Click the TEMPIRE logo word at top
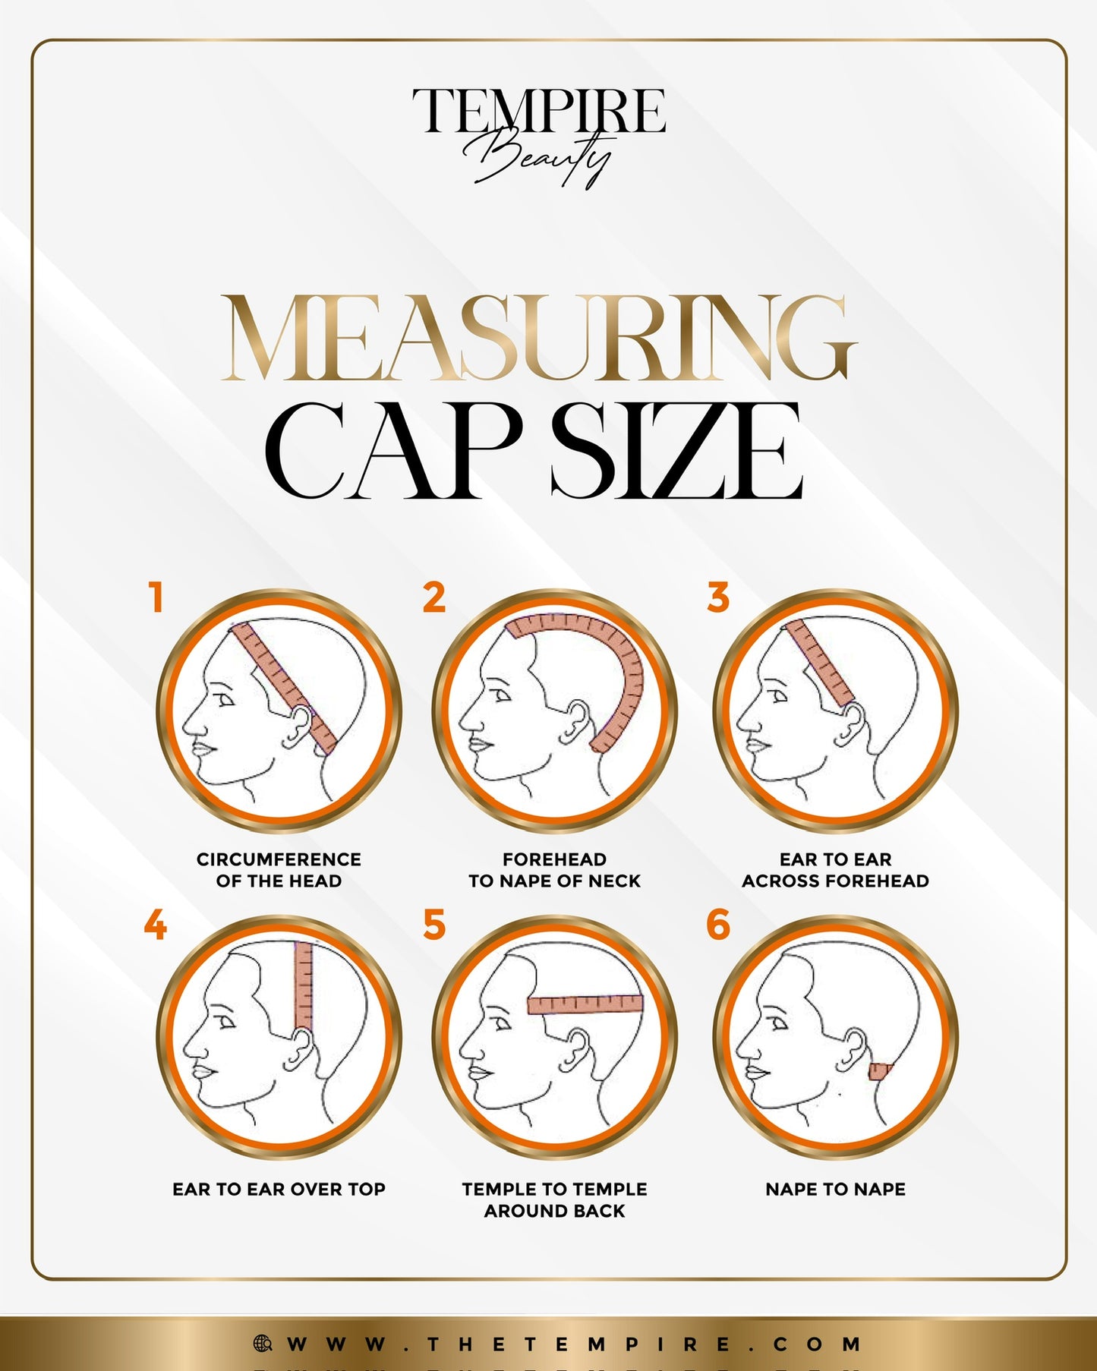[539, 110]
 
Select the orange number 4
[155, 925]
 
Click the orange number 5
[434, 925]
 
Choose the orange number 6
[718, 925]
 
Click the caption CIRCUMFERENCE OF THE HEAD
[279, 870]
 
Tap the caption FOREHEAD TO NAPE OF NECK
[555, 870]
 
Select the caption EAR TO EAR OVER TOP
[279, 1189]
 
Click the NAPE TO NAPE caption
[836, 1189]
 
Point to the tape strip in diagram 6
[881, 1072]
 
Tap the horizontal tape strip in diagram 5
[585, 1004]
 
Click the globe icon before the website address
[263, 1343]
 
